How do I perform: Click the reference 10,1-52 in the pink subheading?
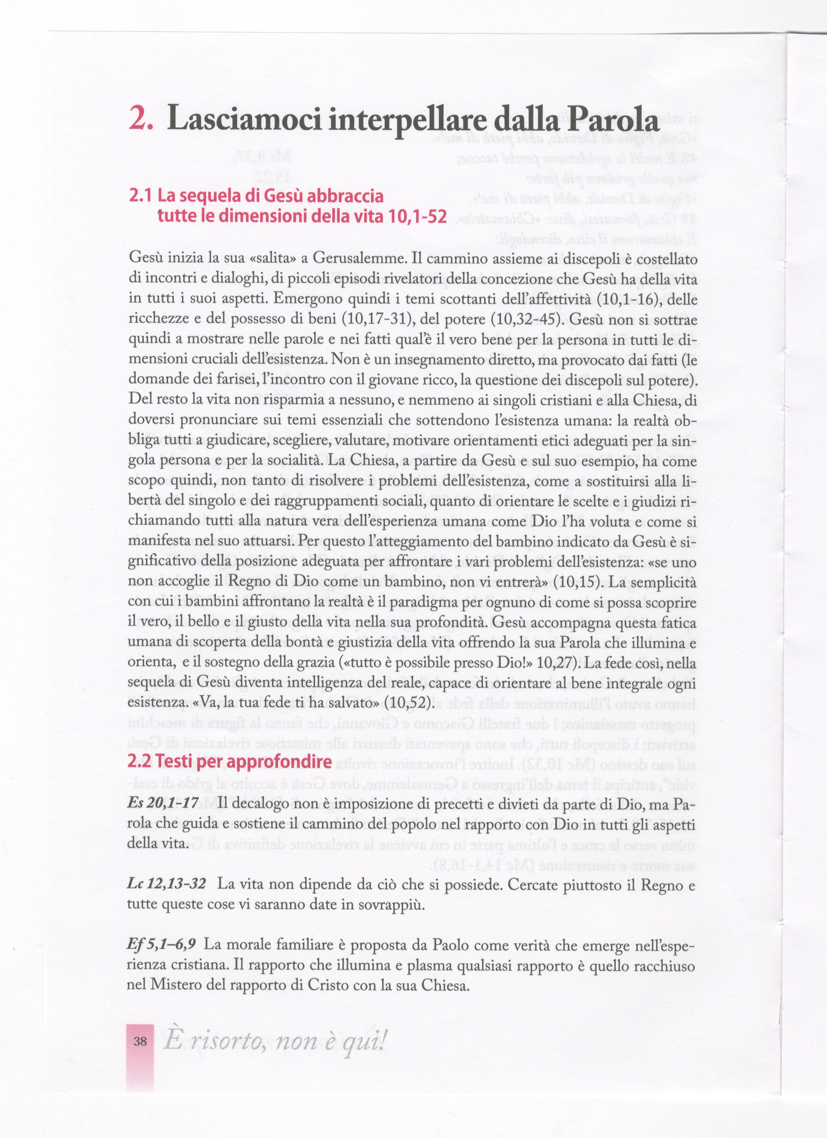tap(417, 216)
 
